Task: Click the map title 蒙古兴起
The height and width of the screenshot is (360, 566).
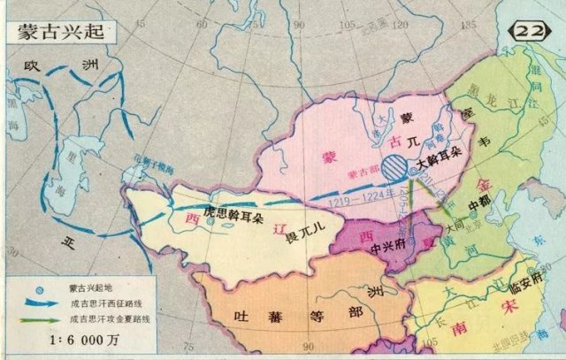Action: [58, 28]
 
